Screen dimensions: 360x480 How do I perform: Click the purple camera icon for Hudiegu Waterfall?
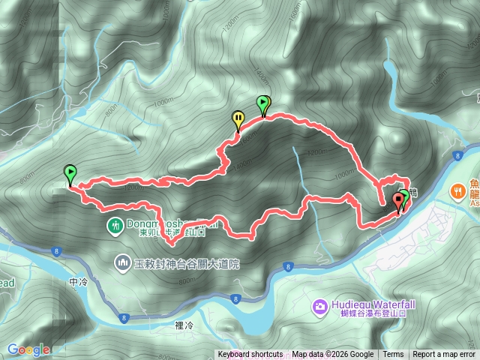point(319,305)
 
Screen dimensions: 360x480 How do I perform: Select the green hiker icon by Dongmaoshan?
point(115,225)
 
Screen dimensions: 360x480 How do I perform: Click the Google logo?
point(28,349)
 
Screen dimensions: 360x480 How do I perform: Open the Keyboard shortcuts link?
point(250,355)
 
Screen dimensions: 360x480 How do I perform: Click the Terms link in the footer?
point(393,355)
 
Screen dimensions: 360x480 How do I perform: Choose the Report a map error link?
point(444,355)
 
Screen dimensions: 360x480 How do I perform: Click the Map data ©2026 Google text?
point(332,355)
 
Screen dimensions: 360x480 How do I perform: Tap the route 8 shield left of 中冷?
point(57,251)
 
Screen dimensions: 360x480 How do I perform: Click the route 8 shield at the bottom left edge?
point(124,319)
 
